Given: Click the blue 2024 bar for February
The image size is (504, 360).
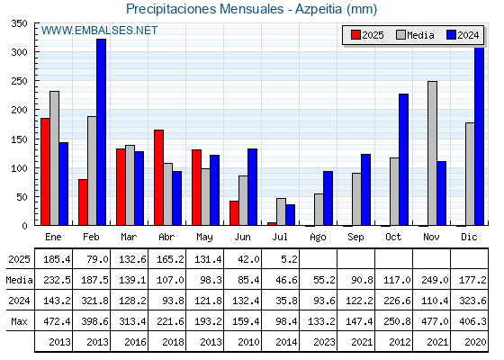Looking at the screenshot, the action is click(x=101, y=132).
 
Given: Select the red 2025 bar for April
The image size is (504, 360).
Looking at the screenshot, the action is click(x=158, y=177).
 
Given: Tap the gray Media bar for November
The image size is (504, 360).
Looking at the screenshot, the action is click(x=432, y=153).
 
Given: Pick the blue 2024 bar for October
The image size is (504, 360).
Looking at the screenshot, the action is click(x=404, y=160).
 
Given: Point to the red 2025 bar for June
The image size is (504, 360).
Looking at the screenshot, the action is click(x=234, y=213).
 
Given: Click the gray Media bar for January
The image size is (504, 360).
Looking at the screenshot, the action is click(x=54, y=158).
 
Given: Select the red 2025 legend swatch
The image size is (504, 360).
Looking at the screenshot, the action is click(x=355, y=35).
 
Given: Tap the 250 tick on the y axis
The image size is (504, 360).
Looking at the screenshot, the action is click(x=19, y=81).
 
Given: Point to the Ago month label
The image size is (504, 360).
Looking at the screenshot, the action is click(x=318, y=238).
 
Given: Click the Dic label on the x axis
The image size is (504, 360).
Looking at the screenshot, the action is click(x=469, y=237).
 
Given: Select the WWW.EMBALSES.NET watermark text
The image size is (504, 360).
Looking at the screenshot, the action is click(x=99, y=31).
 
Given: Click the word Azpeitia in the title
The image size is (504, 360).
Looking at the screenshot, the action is click(x=319, y=9).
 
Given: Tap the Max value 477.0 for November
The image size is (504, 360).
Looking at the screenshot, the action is click(x=435, y=321).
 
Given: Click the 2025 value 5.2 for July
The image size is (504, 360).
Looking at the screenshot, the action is click(x=289, y=259).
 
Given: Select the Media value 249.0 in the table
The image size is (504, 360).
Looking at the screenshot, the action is click(x=435, y=280).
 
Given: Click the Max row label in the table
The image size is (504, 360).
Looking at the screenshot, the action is click(x=19, y=321).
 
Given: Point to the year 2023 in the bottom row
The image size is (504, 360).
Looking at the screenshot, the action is click(x=324, y=342).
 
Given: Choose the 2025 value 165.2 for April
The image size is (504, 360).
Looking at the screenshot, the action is click(x=170, y=259).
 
